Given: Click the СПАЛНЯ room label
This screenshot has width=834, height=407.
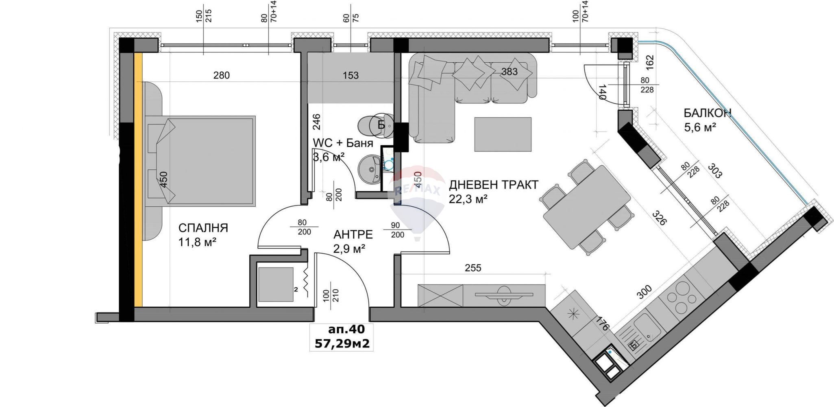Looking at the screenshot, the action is [203, 228].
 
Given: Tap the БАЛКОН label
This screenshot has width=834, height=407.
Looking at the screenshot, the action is [707, 113].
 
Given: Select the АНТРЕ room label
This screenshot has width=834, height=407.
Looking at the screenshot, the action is [353, 234].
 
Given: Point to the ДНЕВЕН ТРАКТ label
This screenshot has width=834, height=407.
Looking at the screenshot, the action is [494, 185].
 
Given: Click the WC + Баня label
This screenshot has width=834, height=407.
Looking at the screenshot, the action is [343, 143].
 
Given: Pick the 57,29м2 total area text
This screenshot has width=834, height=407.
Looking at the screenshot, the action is [342, 344].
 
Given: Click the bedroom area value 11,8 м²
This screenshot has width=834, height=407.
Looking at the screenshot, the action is [197, 243].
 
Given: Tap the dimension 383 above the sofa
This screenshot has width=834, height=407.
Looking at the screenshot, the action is [509, 72].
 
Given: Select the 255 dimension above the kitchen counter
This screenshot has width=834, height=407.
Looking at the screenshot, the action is [473, 268].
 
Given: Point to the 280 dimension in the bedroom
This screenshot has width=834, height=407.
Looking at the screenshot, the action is [222, 75].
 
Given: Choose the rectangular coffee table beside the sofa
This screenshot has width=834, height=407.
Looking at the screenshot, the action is [503, 134].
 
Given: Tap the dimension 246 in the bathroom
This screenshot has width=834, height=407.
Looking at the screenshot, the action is [316, 122].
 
